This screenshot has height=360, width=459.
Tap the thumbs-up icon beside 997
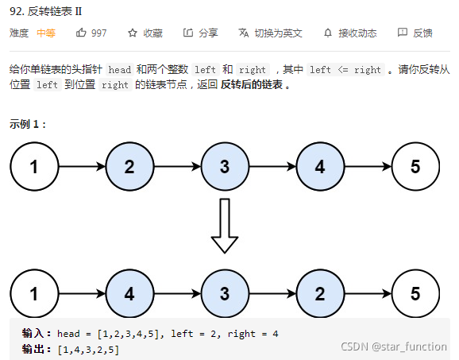(81, 33)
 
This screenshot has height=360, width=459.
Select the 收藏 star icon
(133, 33)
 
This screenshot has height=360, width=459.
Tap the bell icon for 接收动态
(328, 33)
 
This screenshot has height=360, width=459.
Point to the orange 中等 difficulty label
(46, 33)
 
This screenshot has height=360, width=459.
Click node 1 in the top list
(33, 167)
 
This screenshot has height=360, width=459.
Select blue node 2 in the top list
(129, 167)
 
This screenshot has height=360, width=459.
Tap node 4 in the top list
(319, 167)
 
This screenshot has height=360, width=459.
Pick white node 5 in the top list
(415, 167)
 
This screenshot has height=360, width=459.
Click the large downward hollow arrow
(225, 225)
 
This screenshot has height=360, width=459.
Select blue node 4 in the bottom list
(129, 293)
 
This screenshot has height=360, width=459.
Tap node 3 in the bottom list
(225, 293)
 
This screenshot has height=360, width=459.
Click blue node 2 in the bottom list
(319, 293)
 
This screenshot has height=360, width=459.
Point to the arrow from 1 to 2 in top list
(81, 167)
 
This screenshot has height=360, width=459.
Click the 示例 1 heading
(29, 124)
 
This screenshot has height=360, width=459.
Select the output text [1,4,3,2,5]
(88, 349)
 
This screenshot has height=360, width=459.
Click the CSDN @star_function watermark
(394, 347)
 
